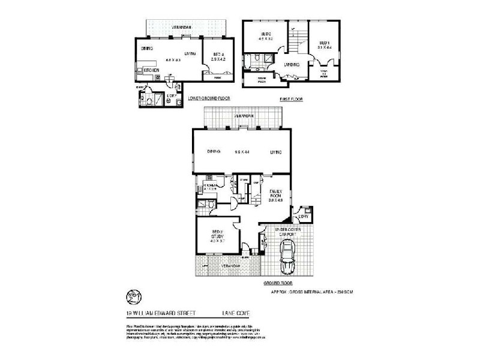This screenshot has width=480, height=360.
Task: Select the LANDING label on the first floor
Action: click(x=292, y=64)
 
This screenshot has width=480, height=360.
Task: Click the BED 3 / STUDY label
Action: click(x=218, y=237)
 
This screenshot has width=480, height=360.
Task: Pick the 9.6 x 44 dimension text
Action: click(x=242, y=152)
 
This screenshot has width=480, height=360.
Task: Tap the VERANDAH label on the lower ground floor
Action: click(x=181, y=28)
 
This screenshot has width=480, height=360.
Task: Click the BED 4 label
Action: click(x=216, y=56)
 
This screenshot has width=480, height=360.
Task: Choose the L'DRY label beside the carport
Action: click(x=302, y=215)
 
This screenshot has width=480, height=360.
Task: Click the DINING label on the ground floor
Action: click(x=214, y=152)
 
